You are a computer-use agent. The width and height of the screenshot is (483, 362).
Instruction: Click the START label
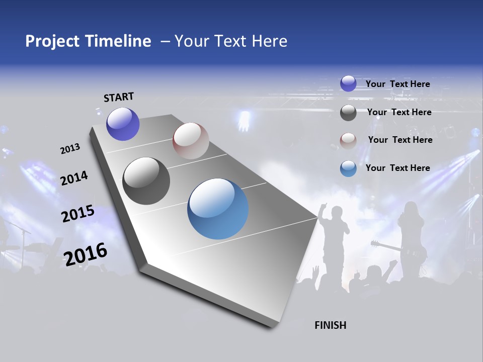(x=119, y=97)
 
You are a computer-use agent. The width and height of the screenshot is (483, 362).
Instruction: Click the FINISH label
(x=330, y=325)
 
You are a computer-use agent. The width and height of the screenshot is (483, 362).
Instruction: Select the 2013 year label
(x=70, y=149)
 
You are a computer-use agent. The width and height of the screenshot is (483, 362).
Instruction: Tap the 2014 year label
(x=74, y=178)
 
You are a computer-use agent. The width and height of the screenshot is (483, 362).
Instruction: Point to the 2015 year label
(x=77, y=214)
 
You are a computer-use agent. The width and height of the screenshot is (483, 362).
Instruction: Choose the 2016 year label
(x=86, y=254)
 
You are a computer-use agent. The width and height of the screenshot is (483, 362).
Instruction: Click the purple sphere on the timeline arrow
(x=123, y=124)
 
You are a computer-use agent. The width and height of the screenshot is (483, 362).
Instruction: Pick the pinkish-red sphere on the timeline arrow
(x=191, y=141)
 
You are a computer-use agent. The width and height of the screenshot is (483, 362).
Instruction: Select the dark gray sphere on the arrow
(x=146, y=181)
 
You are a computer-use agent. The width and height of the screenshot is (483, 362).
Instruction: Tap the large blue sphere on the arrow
(x=218, y=209)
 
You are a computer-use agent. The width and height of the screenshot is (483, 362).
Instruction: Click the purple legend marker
(x=348, y=83)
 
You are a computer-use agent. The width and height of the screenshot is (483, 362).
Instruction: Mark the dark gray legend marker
(x=348, y=113)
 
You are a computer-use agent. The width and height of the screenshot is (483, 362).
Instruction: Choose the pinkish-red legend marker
(x=348, y=141)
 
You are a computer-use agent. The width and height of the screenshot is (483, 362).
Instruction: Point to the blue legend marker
(x=348, y=168)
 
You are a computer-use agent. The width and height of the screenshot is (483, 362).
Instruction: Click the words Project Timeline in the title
(x=88, y=41)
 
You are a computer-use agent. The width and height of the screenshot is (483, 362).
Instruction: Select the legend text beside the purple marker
(x=397, y=84)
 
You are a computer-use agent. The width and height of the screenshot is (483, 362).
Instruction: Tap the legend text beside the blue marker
(x=397, y=168)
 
